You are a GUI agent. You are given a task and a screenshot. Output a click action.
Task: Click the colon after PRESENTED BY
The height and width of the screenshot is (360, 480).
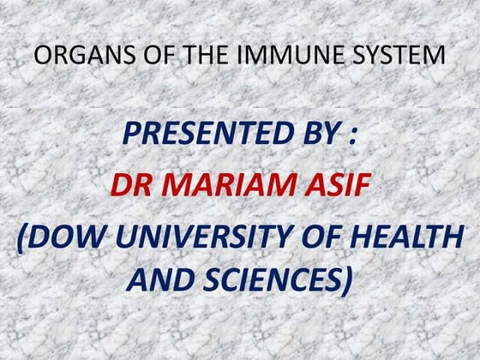(x=354, y=135)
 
